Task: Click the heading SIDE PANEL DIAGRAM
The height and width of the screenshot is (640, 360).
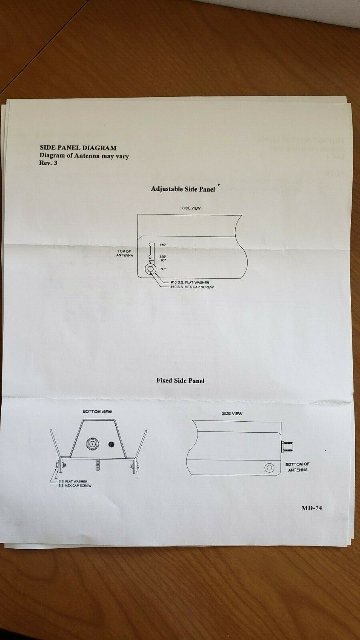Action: point(78,148)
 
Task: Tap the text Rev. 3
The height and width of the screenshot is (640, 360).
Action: point(48,163)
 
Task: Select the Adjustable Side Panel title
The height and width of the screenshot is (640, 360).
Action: point(183,189)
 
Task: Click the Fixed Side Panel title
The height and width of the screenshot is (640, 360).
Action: point(180,380)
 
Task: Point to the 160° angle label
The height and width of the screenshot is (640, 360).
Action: point(163,245)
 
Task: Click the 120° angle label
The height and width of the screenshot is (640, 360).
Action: point(163,256)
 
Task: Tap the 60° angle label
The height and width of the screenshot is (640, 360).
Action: point(163,269)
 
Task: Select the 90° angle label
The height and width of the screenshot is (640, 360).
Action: point(163,260)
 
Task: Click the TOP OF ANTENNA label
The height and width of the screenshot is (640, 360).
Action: point(124,253)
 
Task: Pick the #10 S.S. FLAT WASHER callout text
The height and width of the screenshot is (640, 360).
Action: point(190,282)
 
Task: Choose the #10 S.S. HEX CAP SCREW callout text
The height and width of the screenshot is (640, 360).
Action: point(192,287)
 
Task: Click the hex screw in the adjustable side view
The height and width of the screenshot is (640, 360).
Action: point(150,269)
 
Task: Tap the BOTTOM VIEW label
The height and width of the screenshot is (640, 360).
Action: point(97,412)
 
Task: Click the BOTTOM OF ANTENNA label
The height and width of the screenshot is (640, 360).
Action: point(298,467)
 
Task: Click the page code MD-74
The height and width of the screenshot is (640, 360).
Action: point(311,508)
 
